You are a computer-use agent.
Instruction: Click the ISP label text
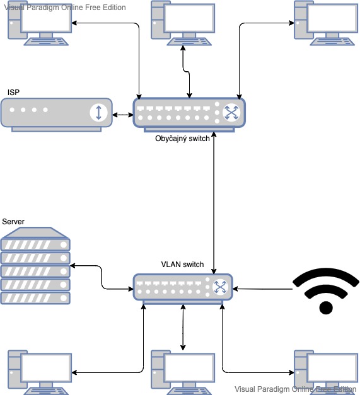tap(13, 93)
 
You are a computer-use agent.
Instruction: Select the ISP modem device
tap(57, 115)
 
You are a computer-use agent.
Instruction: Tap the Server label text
tap(13, 222)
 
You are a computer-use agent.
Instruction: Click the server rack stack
tap(35, 265)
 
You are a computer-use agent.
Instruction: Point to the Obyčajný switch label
tap(182, 139)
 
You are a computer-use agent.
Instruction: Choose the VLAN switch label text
tap(182, 265)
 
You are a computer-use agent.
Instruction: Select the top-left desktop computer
tap(40, 23)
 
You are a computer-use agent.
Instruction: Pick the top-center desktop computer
tap(183, 23)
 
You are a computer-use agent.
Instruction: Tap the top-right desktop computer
tap(326, 23)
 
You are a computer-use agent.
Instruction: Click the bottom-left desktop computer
tap(40, 372)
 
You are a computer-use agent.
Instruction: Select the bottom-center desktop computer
tap(183, 372)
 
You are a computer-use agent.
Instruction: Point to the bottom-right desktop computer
tap(326, 372)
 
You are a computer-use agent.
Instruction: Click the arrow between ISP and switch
tap(123, 115)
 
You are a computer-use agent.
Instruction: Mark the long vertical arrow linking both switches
tap(214, 203)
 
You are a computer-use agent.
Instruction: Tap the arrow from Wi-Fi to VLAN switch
tap(262, 289)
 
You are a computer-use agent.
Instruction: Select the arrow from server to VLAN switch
tap(102, 277)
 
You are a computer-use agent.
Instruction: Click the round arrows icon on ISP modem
tap(98, 112)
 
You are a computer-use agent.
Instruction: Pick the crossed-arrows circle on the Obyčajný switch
tap(231, 112)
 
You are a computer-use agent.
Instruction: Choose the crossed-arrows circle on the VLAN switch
tap(220, 287)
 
